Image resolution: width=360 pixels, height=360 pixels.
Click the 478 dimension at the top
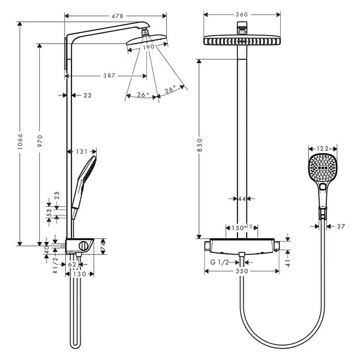tap(117, 16)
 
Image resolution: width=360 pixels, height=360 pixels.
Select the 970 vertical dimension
tap(39, 140)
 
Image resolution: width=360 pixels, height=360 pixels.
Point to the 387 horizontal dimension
tap(109, 76)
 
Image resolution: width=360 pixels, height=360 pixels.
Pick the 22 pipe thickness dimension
tap(87, 95)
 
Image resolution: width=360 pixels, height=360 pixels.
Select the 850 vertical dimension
tap(200, 148)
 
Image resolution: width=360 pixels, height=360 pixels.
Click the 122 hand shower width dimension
tap(323, 149)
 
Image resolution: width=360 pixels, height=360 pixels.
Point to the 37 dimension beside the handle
tap(340, 226)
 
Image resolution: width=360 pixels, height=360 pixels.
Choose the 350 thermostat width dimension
tap(242, 271)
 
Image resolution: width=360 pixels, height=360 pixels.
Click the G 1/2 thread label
tap(220, 262)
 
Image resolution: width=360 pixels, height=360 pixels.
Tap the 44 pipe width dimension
tap(241, 198)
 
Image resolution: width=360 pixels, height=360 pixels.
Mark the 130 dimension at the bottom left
tap(79, 275)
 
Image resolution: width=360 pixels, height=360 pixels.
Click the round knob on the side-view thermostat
tap(83, 245)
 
